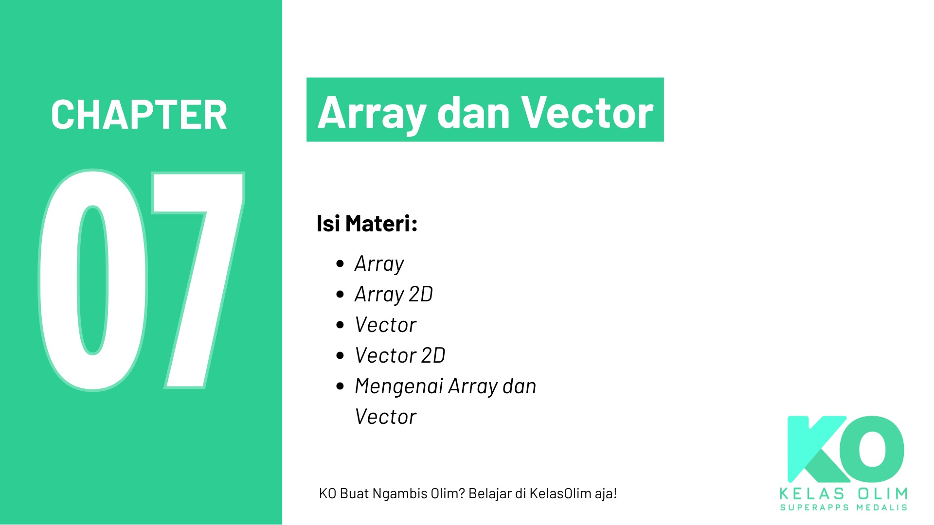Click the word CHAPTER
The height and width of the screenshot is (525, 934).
139,115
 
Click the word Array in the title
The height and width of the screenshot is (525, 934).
372,113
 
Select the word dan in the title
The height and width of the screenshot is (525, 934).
474,113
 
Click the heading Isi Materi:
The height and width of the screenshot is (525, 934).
367,224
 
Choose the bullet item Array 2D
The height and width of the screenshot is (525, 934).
394,295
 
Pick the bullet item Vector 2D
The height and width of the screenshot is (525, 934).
400,355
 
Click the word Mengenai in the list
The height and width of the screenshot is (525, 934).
399,387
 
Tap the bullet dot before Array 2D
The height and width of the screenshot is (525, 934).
340,295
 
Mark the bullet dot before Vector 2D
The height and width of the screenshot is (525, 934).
340,355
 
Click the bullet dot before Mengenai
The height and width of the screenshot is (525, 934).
340,386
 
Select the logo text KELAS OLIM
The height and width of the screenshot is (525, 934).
844,494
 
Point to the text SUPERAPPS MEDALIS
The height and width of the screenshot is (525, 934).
844,507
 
